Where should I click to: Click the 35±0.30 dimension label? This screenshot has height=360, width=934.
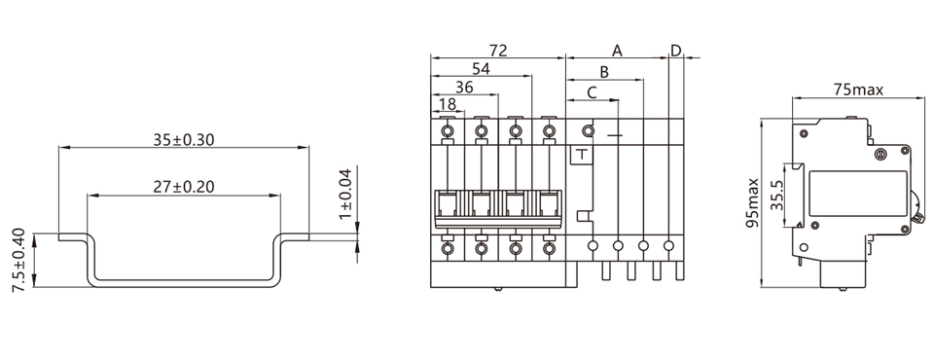click(184, 139)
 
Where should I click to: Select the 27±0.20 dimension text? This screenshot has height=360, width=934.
click(184, 187)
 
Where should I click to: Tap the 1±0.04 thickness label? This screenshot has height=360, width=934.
click(344, 193)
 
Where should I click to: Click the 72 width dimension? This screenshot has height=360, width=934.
click(498, 50)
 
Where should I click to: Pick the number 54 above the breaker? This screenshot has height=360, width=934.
click(481, 68)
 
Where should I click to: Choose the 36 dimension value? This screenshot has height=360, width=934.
click(464, 87)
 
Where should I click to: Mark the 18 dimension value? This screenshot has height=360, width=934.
click(447, 104)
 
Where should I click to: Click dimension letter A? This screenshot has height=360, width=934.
click(617, 50)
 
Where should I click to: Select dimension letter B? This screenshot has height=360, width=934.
click(604, 72)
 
